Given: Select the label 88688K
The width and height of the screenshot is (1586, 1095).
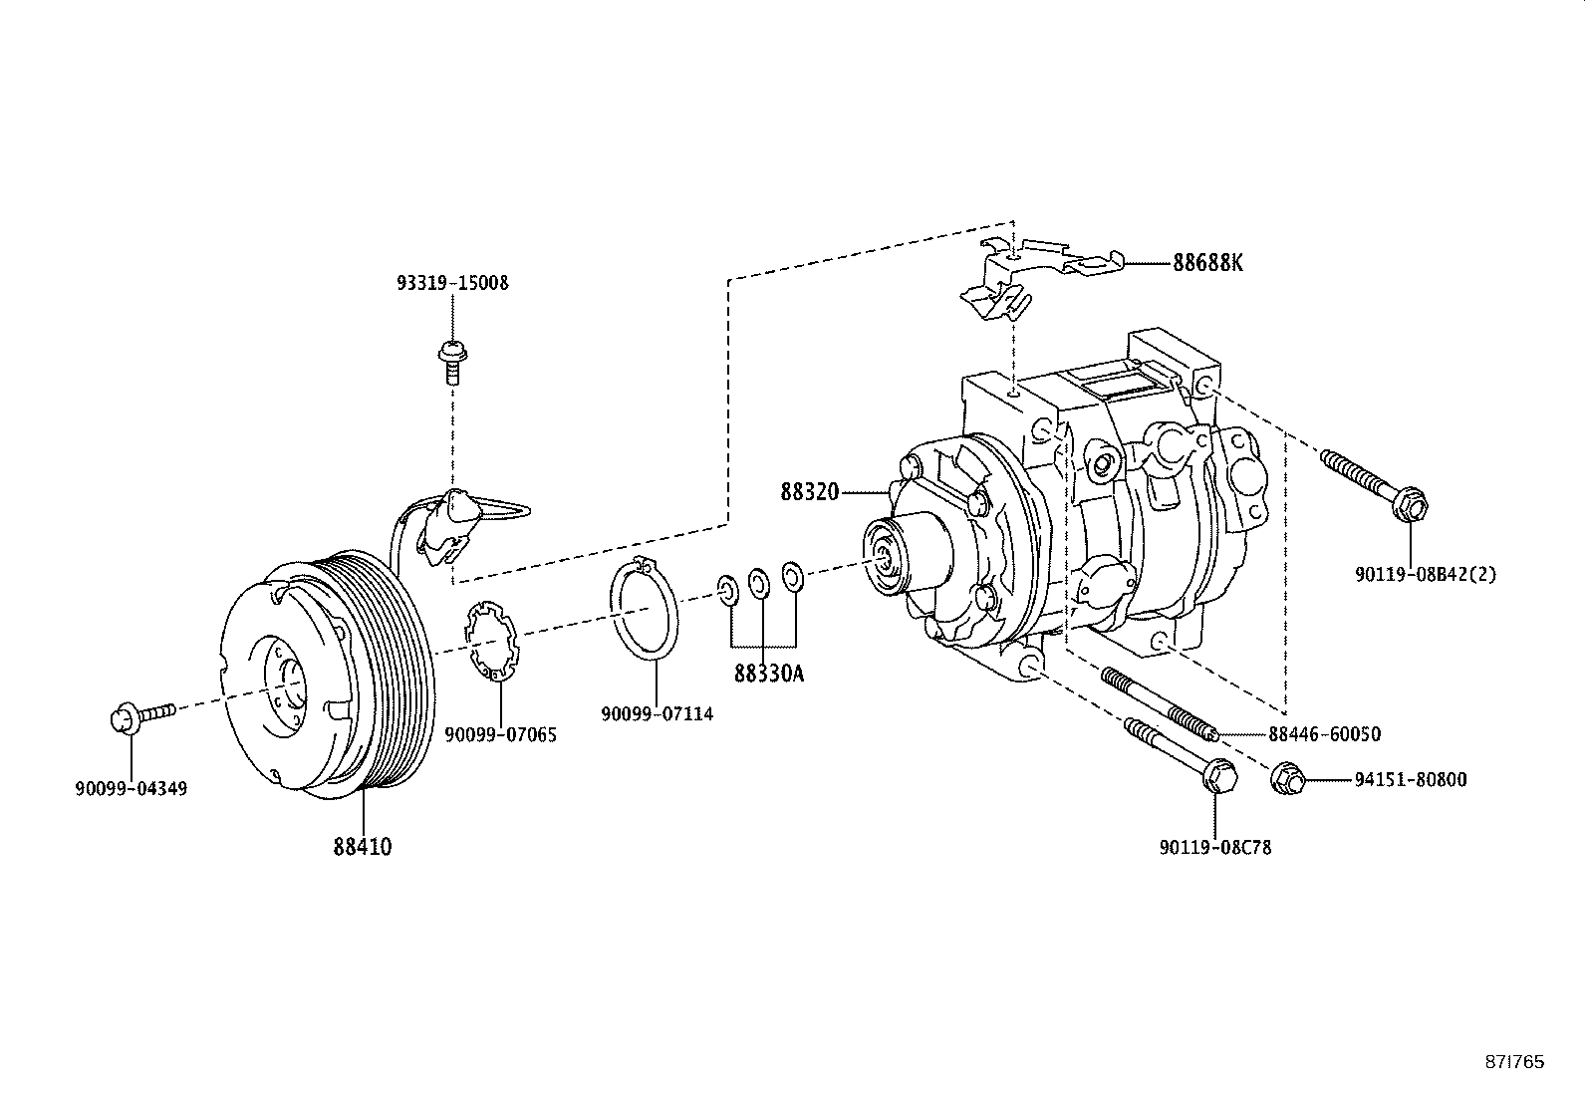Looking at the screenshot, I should [1207, 263].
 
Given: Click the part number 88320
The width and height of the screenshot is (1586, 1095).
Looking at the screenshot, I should [810, 492].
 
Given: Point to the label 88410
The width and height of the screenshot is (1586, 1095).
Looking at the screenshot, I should [363, 847].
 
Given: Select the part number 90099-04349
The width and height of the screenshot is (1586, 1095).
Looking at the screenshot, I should [131, 789].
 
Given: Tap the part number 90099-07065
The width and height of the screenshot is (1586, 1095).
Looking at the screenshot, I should [500, 735].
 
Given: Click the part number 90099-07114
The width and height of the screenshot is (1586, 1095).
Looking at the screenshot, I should [657, 714].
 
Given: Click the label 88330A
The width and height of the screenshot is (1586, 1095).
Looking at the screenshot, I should [768, 675].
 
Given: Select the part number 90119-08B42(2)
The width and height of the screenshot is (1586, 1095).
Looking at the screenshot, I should [1425, 574].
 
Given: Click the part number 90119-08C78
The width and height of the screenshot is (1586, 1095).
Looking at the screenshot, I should [1215, 848].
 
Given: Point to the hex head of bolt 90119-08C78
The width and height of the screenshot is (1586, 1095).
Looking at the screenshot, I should [1218, 775].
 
